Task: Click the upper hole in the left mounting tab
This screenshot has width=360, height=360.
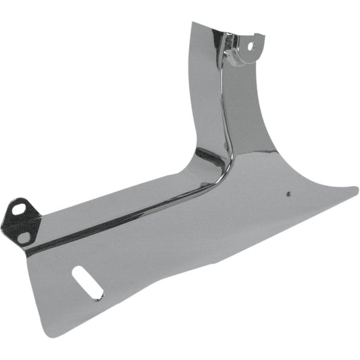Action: coord(19,209)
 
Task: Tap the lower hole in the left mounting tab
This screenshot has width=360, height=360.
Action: coord(24,236)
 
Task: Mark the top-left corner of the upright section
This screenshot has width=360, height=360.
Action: coord(192,24)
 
